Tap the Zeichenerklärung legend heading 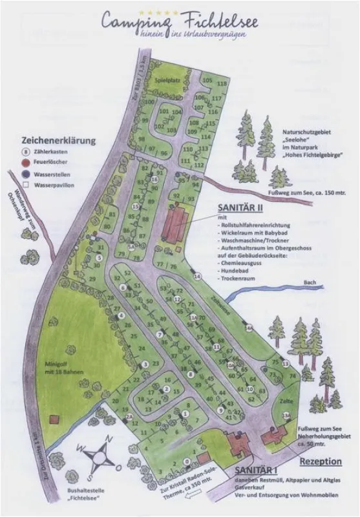(59, 140)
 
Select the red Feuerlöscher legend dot (25, 163)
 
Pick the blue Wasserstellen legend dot (25, 174)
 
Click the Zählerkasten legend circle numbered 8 (25, 152)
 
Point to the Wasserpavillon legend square (25, 185)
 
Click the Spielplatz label (167, 80)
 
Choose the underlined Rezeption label (320, 461)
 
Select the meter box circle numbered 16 (154, 179)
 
